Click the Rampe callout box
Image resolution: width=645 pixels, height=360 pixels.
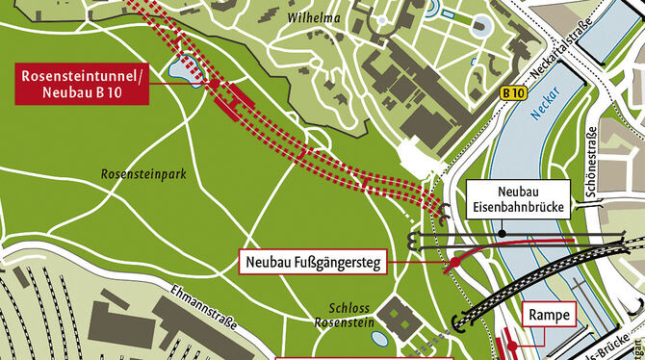547,316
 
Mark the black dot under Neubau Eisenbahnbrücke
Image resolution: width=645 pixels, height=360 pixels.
502,233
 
